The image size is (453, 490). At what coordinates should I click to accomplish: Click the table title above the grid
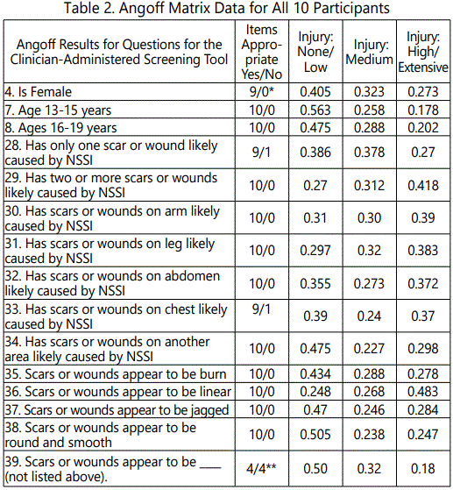coord(227,8)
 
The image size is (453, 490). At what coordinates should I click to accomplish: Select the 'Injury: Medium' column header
coord(369,52)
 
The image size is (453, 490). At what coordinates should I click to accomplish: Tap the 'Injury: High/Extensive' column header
coord(423,52)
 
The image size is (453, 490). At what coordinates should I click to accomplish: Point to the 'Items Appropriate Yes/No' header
coord(261,52)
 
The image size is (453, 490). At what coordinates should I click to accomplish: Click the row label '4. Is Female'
coord(38,92)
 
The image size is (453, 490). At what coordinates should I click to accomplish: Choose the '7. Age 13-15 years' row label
coord(58,110)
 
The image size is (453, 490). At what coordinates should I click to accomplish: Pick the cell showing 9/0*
coord(261,92)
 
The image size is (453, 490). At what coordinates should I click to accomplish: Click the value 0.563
coord(315,110)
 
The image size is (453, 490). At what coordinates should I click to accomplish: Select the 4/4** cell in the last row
coord(261,468)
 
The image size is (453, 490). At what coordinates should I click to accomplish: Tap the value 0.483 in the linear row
coord(423,392)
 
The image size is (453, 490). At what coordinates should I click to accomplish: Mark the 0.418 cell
coord(423,185)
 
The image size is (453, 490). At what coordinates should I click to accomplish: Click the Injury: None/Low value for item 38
coord(315,435)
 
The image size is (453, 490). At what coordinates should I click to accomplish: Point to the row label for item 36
coord(118,392)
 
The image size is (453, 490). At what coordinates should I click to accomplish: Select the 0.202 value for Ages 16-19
coord(423,128)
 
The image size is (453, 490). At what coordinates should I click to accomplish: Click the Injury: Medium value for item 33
coord(369,316)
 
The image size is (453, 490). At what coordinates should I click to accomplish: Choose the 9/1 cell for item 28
coord(261,153)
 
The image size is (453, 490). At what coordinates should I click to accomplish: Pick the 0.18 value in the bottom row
coord(423,468)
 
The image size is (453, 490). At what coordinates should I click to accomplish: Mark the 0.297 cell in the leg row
coord(315,251)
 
